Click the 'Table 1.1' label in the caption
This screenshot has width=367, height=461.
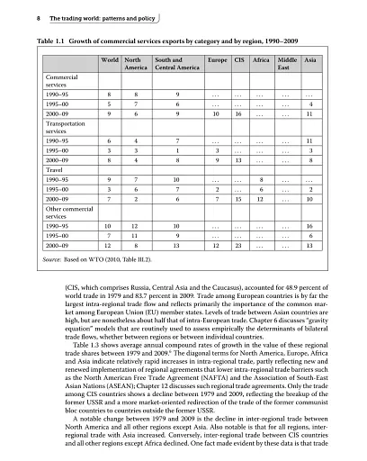pyautogui.click(x=49, y=41)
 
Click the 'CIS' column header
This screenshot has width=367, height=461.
pyautogui.click(x=238, y=59)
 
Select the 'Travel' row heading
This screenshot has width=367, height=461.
pyautogui.click(x=55, y=167)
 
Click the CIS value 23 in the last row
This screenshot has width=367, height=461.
pyautogui.click(x=238, y=244)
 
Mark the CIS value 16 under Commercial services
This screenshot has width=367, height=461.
pyautogui.click(x=238, y=115)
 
